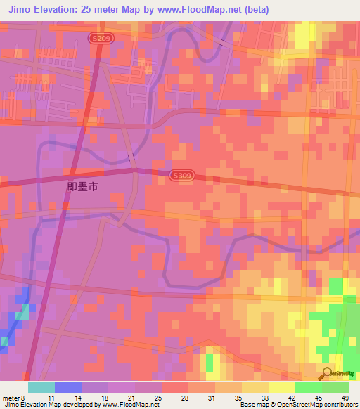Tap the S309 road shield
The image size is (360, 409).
pyautogui.click(x=179, y=175)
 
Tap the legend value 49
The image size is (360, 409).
pyautogui.click(x=345, y=397)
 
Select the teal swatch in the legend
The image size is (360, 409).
pyautogui.click(x=41, y=387)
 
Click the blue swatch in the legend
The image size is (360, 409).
pyautogui.click(x=68, y=387)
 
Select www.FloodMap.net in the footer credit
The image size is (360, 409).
pyautogui.click(x=134, y=405)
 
